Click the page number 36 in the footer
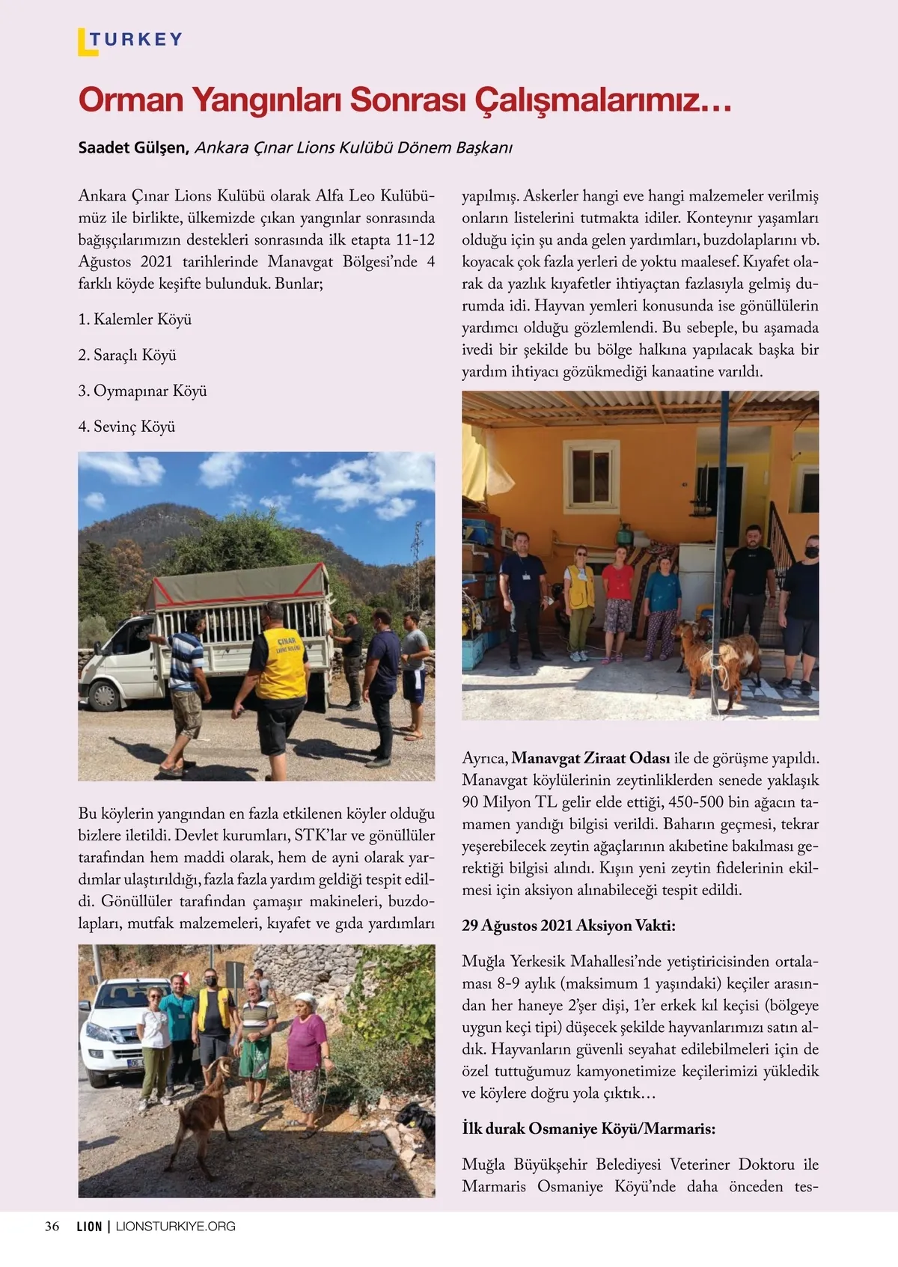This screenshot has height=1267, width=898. (x=52, y=1226)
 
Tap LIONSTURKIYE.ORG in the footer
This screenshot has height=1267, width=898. (x=176, y=1226)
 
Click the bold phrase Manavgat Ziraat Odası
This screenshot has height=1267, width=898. (x=590, y=758)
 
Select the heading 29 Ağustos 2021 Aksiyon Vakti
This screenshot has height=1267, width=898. (x=568, y=926)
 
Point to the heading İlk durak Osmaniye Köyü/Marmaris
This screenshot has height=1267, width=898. (x=588, y=1129)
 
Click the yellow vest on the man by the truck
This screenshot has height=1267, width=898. (x=281, y=662)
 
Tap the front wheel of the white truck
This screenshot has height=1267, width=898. (x=102, y=694)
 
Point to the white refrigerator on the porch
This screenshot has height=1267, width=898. (x=697, y=580)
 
